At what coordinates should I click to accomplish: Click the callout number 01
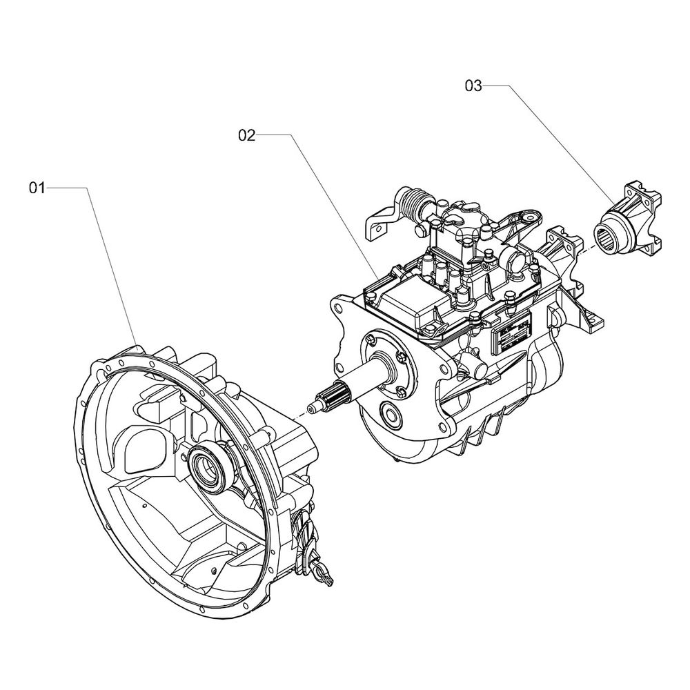coord(37,188)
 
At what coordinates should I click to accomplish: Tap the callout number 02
coord(247,135)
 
